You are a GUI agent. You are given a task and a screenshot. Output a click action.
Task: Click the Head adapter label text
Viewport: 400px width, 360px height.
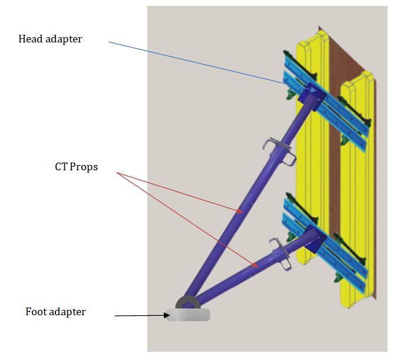coord(50,39)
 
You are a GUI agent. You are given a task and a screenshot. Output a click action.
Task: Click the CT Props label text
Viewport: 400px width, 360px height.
coord(76,167)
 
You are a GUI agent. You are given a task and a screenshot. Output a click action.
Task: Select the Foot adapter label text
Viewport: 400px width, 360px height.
coord(55,312)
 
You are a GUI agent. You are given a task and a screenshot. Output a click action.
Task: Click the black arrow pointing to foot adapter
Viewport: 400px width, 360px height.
coord(141,315)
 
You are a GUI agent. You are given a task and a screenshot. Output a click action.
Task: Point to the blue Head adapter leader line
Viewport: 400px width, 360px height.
coord(194,62)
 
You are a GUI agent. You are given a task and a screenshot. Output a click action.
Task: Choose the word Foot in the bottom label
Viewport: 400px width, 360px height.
coord(36,312)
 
